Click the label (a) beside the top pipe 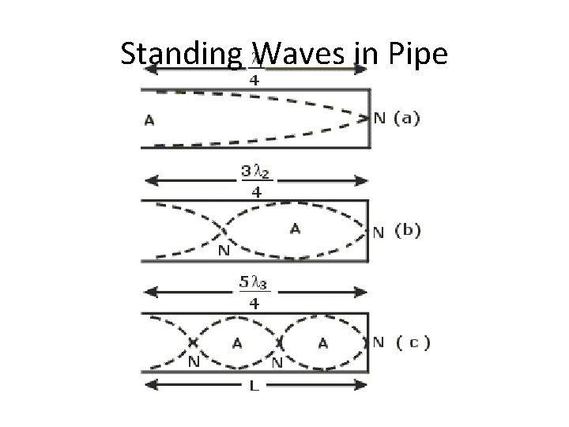point(406,119)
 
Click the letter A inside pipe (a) point(149,121)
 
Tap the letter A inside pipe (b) point(295,229)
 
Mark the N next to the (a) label point(380,119)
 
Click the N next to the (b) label point(379,232)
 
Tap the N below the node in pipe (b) point(225,251)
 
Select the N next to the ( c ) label point(379,343)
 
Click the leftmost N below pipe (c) point(193,363)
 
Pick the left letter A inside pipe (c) point(236,343)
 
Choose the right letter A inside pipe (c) point(322,343)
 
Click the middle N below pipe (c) point(278,363)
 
